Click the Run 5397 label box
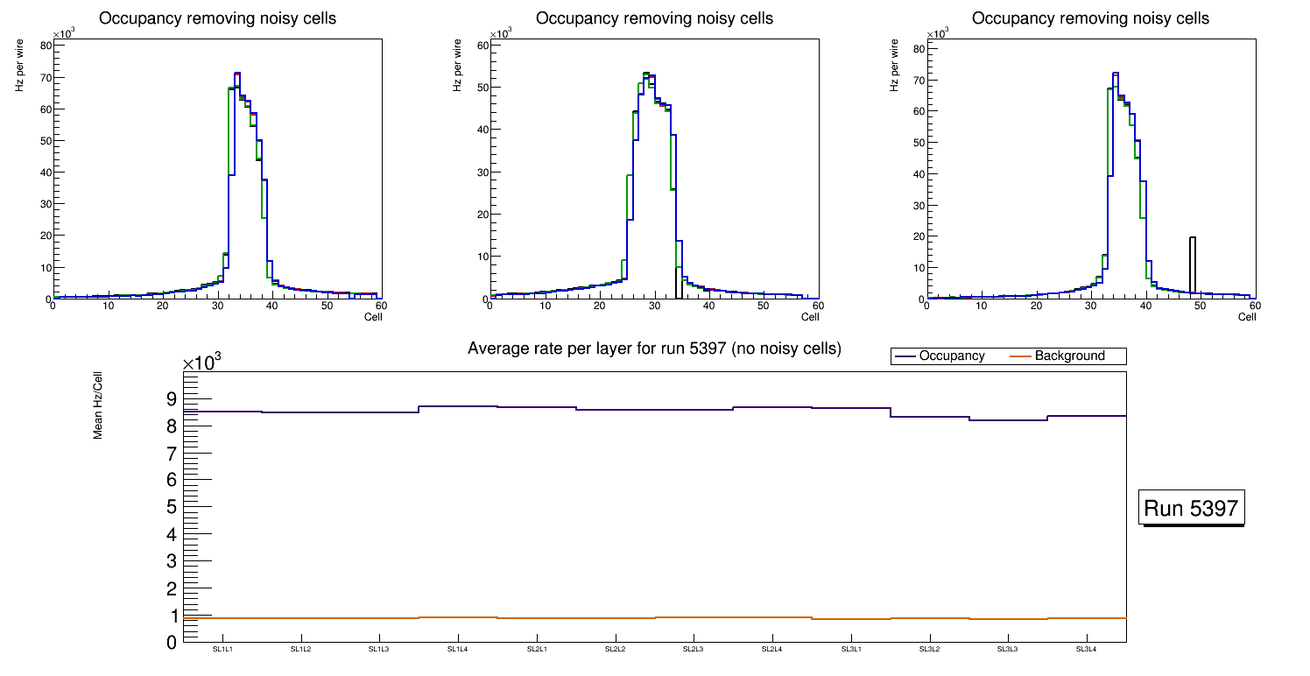(x=1191, y=508)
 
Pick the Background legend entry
(x=1069, y=356)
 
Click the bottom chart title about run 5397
(x=654, y=349)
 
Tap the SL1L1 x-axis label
(x=222, y=650)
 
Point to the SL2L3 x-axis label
(x=694, y=650)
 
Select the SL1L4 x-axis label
(x=458, y=650)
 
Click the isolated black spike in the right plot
(x=1192, y=263)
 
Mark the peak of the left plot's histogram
(x=237, y=74)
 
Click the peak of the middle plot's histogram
(x=645, y=74)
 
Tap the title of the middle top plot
(x=654, y=18)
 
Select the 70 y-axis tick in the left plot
(x=43, y=78)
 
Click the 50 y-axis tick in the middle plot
(x=480, y=88)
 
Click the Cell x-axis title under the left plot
(x=373, y=316)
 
